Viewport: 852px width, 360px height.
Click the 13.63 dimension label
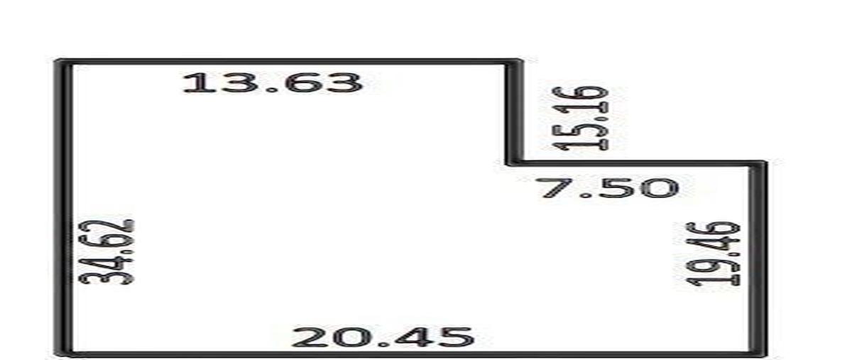click(x=273, y=83)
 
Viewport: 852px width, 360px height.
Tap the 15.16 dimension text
click(x=580, y=119)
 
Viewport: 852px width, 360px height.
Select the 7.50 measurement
click(x=610, y=188)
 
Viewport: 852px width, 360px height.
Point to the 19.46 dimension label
click(x=713, y=253)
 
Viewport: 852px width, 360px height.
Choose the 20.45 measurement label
click(x=383, y=337)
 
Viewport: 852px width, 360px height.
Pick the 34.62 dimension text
click(x=106, y=252)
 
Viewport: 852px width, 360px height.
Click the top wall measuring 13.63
click(x=289, y=62)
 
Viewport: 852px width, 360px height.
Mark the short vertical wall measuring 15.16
click(x=514, y=112)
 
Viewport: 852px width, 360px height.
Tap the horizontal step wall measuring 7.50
click(x=636, y=163)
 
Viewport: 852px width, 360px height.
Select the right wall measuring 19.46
click(x=758, y=258)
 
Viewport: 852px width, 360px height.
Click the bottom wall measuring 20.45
click(x=411, y=354)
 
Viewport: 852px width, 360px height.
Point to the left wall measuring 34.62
click(x=64, y=208)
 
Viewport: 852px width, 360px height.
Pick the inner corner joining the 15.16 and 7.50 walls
click(x=513, y=163)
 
